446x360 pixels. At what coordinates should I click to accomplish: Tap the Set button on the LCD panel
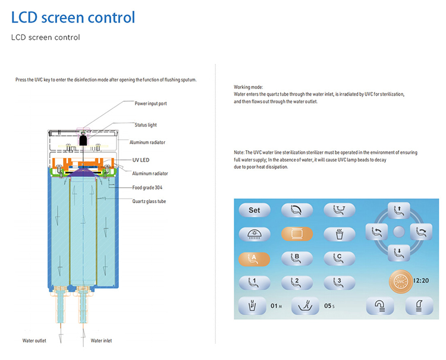254,210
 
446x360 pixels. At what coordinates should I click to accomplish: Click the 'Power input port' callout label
151,103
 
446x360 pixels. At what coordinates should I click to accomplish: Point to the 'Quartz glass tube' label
149,201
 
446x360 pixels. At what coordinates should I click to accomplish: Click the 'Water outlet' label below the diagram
34,341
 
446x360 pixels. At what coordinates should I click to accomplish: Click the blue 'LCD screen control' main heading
73,17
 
